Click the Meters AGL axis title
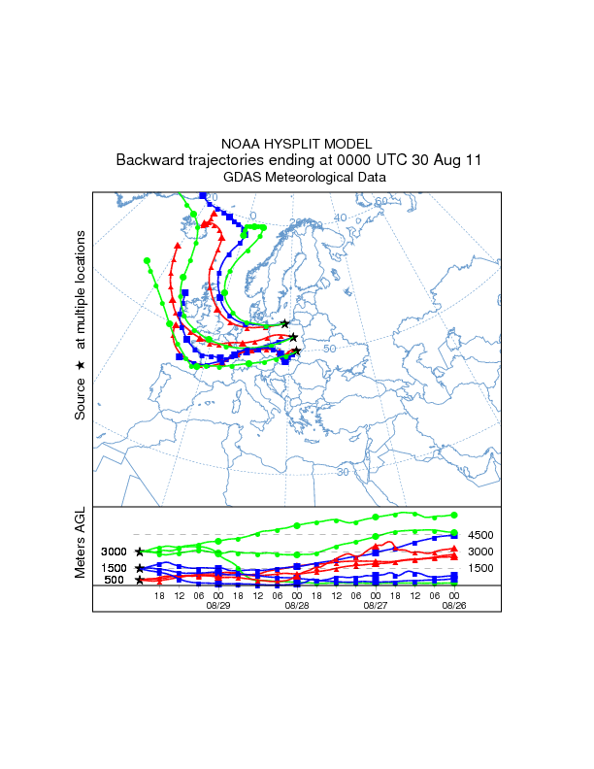coord(81,543)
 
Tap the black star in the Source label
coord(81,364)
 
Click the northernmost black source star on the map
coord(284,323)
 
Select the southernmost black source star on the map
coord(297,351)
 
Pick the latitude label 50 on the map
coord(329,349)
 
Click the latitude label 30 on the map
coord(343,471)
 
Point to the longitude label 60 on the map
coord(381,201)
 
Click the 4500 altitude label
coord(481,535)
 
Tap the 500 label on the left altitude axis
coord(114,581)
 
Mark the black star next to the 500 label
coord(140,581)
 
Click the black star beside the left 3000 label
coord(140,552)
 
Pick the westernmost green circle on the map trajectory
coord(147,260)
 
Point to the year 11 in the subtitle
coord(471,159)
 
